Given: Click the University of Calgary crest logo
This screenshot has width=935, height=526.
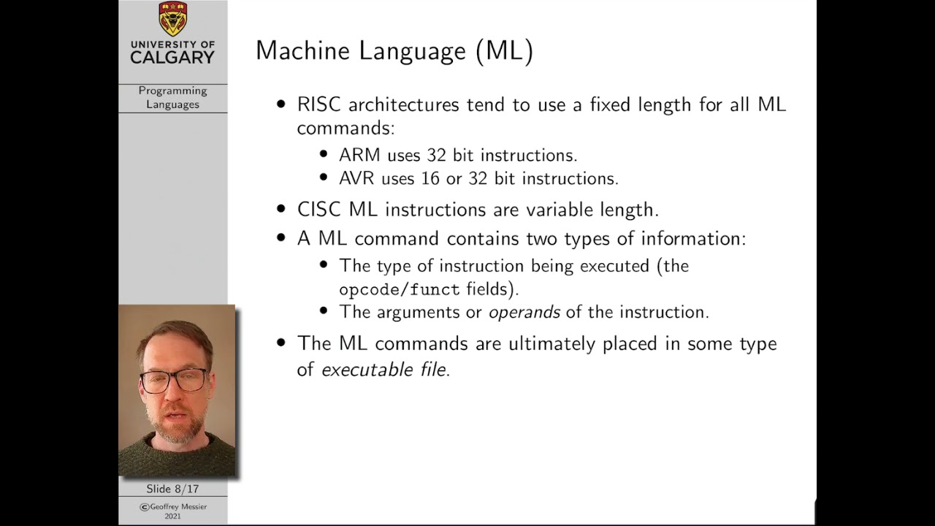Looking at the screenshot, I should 172,19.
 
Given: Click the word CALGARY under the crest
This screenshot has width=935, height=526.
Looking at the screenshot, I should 172,58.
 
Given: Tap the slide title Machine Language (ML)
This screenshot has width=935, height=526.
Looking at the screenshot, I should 394,50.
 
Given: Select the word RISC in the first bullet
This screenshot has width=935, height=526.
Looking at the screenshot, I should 319,104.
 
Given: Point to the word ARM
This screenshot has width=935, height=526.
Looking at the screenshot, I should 359,156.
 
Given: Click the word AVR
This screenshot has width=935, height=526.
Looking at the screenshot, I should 358,178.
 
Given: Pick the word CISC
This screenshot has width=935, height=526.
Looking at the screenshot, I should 319,210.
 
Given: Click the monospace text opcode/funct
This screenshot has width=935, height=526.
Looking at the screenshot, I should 400,289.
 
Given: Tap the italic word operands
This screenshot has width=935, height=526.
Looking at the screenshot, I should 524,312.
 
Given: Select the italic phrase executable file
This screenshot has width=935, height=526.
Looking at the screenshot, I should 383,370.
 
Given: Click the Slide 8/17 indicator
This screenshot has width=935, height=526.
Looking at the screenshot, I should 172,489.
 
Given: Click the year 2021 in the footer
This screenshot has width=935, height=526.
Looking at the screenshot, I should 172,516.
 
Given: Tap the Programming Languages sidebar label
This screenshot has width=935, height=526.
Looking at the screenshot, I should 172,97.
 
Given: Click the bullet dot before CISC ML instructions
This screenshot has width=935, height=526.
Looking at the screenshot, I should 281,210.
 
